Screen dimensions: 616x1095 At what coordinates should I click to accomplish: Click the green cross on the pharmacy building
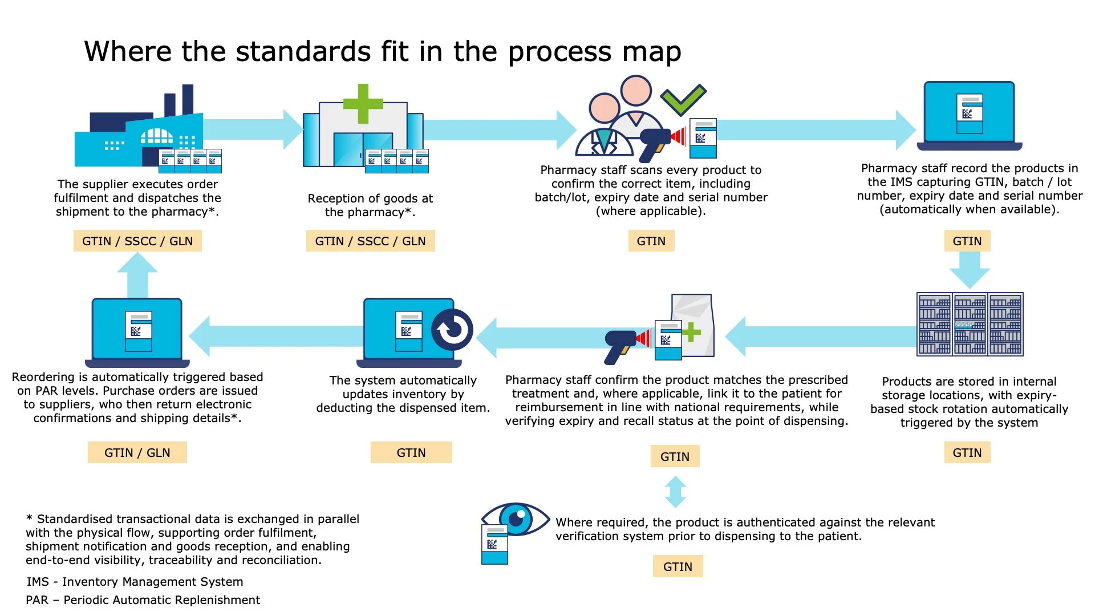(x=363, y=104)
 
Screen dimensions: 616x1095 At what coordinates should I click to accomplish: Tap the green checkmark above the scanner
(x=683, y=99)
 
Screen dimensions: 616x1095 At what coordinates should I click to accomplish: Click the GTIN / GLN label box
(x=137, y=452)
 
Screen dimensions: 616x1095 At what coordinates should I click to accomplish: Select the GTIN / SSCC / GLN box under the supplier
(x=137, y=241)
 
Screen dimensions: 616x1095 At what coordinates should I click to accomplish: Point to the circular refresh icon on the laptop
(x=452, y=330)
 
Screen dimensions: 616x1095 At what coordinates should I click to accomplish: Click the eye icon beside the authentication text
(x=516, y=518)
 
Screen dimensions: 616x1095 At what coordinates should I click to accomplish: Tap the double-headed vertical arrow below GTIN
(x=675, y=492)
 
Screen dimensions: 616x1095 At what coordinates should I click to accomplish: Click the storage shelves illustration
(x=970, y=324)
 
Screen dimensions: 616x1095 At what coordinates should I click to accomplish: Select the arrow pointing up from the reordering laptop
(x=137, y=274)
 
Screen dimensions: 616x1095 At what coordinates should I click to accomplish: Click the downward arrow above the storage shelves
(x=970, y=270)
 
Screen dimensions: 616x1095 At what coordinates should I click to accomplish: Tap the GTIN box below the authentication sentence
(x=678, y=566)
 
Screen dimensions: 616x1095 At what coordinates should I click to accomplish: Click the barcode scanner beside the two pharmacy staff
(x=656, y=143)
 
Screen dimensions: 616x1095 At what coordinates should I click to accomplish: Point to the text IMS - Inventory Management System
(x=135, y=582)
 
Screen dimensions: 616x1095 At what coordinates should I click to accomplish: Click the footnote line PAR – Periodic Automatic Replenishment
(x=143, y=600)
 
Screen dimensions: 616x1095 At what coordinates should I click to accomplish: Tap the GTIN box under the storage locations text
(x=967, y=452)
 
